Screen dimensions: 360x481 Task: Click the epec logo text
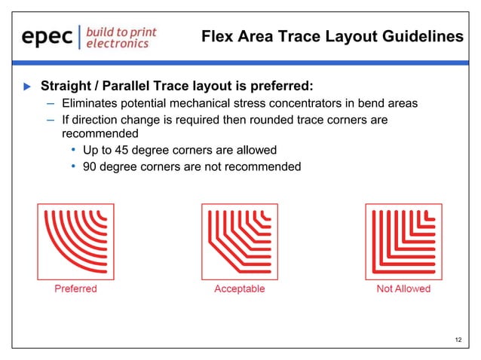[x=47, y=37]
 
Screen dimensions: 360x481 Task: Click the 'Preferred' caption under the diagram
[x=75, y=288]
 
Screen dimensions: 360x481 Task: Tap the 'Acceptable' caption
[x=240, y=288]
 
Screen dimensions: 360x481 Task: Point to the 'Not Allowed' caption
[x=403, y=288]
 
